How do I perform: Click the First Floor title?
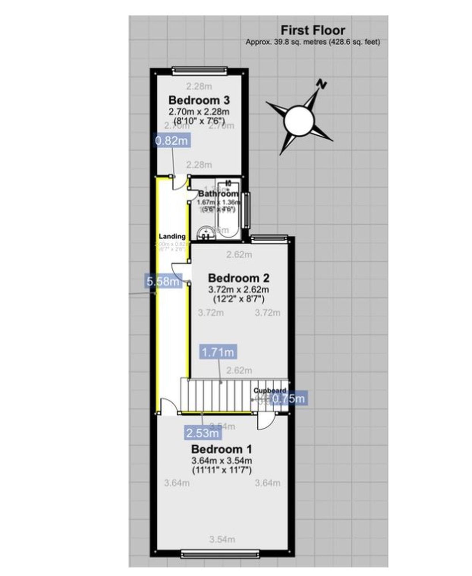(313, 30)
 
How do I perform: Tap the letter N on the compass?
(322, 84)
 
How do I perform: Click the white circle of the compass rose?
(299, 120)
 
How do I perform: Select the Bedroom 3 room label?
(199, 100)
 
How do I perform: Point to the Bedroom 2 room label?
(239, 278)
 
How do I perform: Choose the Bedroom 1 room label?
(221, 449)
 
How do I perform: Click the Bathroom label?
(218, 194)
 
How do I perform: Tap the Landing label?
(172, 236)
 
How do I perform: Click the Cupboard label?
(270, 391)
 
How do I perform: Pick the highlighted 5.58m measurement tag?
(163, 281)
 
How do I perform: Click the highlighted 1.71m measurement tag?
(218, 352)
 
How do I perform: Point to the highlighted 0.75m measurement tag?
(288, 399)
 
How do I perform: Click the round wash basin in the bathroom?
(205, 233)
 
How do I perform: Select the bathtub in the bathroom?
(228, 210)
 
